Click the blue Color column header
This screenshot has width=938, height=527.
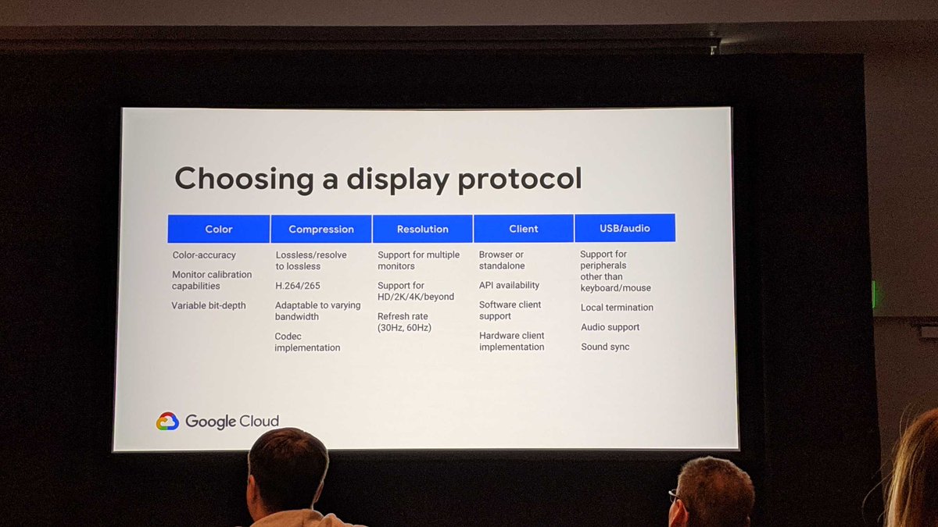click(219, 229)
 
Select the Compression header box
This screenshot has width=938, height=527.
click(321, 229)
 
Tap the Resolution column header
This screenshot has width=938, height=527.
click(422, 229)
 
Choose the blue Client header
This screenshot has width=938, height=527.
click(523, 229)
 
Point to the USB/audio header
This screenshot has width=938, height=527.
click(625, 228)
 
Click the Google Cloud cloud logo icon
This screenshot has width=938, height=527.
click(167, 422)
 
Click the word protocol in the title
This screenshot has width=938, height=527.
click(520, 179)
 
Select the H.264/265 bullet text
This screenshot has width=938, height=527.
click(299, 286)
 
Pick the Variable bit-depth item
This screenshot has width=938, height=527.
click(209, 305)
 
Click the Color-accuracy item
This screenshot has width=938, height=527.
click(204, 255)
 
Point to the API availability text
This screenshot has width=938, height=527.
click(509, 285)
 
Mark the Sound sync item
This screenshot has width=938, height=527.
click(605, 347)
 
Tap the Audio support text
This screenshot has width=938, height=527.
click(610, 327)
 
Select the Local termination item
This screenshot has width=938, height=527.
click(617, 308)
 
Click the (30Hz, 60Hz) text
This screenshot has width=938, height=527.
click(404, 328)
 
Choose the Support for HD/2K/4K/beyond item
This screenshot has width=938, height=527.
click(415, 291)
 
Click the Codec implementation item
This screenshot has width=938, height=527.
click(307, 342)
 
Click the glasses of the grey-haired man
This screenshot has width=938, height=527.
click(674, 494)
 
